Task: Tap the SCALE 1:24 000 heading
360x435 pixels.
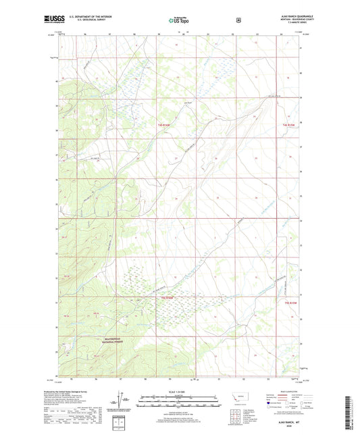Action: tap(179, 392)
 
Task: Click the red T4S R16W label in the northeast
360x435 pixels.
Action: tap(289, 125)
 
